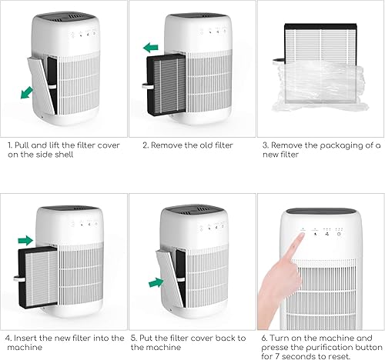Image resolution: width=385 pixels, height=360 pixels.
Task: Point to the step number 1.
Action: click(9, 144)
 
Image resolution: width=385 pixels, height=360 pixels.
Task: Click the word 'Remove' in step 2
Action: click(166, 144)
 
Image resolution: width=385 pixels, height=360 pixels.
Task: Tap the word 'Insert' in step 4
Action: click(25, 338)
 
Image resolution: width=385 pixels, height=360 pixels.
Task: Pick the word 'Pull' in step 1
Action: click(23, 144)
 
